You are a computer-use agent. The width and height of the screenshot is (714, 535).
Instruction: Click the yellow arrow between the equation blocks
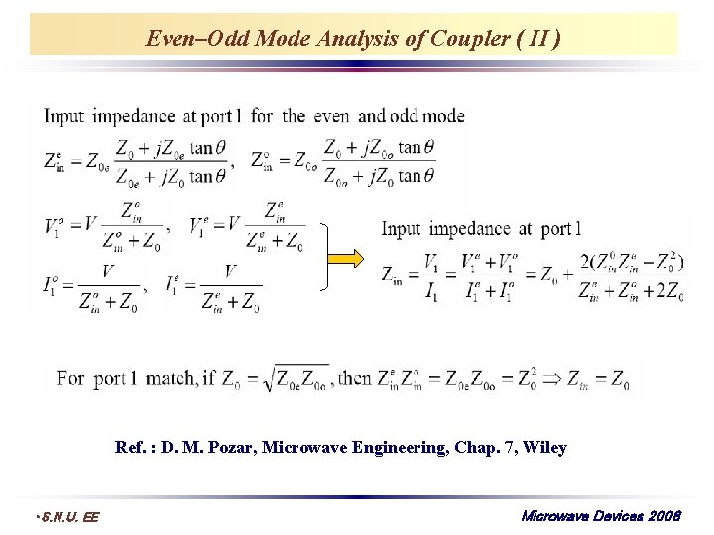(350, 260)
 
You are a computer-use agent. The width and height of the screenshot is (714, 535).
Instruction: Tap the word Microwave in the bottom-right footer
(553, 515)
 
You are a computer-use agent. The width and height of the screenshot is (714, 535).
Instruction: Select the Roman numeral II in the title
(539, 39)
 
